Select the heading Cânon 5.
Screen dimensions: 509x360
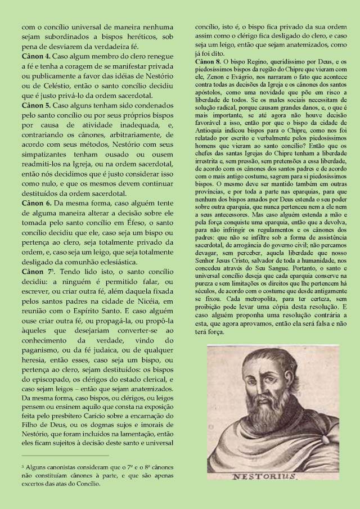coord(36,105)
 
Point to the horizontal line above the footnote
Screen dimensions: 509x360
coord(65,456)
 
